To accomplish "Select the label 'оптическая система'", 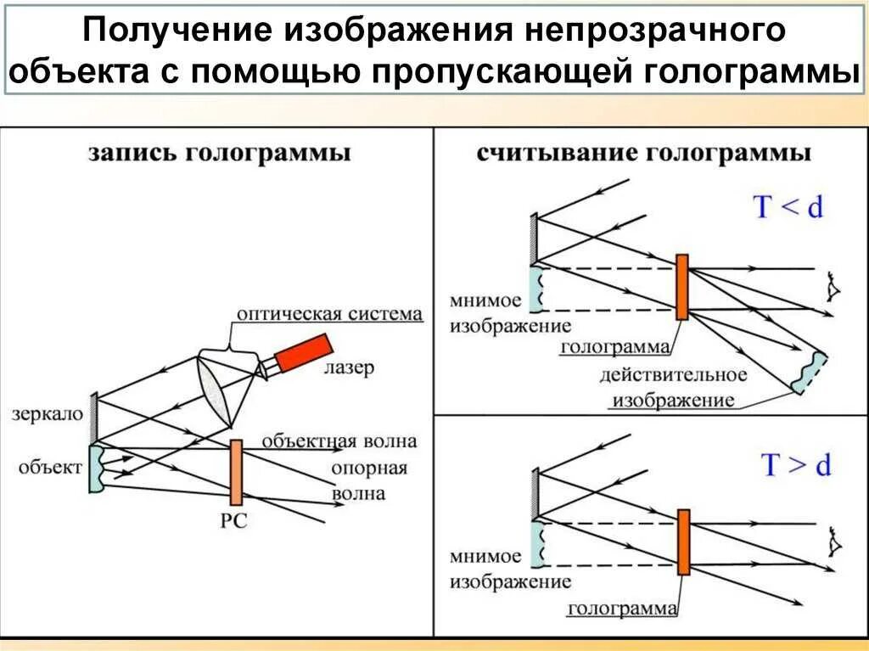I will (329, 314).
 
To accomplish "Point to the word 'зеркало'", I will (48, 414).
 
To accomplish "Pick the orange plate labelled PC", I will (236, 473).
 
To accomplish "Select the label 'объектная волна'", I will (339, 441).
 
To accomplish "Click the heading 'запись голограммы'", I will (219, 154).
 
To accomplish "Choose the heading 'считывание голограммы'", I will (643, 154).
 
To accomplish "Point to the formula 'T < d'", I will (788, 206).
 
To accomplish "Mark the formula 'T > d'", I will (794, 465).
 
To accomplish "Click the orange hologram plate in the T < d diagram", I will (681, 286).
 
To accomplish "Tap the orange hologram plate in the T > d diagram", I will (683, 542).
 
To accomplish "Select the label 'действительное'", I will (673, 374).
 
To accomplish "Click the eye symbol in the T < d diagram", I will (833, 289).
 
